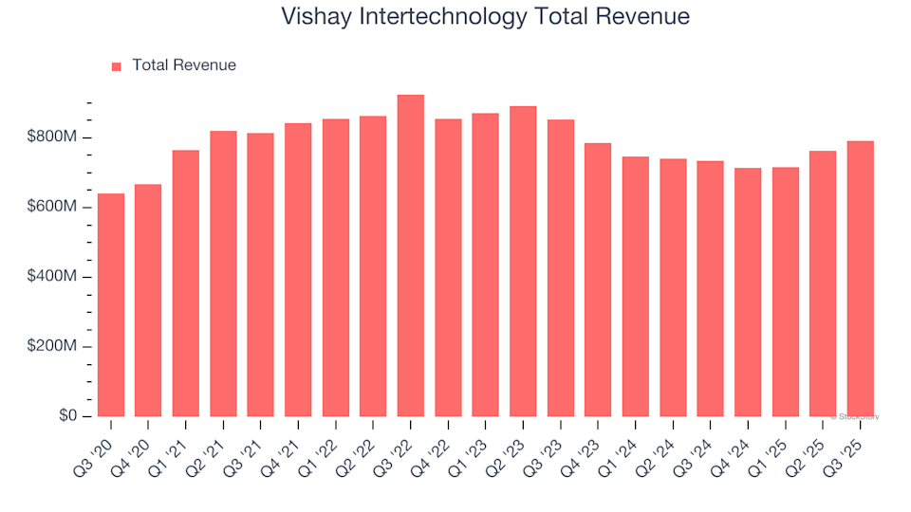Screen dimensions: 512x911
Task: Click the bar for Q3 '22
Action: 411,256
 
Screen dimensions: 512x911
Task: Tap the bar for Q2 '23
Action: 523,262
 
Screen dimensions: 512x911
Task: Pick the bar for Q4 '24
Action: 748,292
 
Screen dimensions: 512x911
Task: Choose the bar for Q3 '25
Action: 860,279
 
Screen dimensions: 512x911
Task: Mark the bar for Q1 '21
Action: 186,283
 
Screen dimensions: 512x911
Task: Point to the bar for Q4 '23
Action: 598,280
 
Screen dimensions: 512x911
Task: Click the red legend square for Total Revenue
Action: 117,66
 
